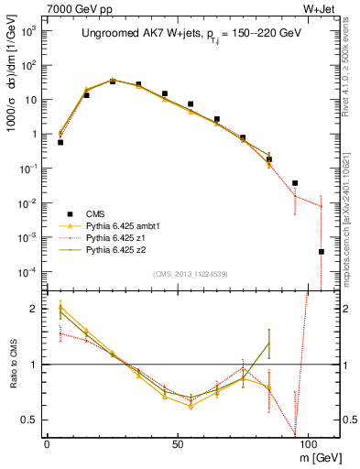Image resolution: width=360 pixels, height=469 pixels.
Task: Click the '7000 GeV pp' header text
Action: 74,8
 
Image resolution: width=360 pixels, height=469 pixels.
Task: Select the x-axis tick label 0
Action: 47,442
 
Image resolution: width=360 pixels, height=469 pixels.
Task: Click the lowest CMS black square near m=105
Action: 321,251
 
